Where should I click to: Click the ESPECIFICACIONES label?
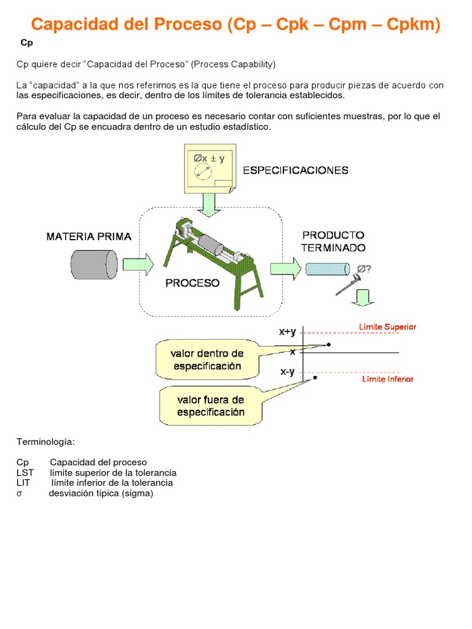(x=296, y=170)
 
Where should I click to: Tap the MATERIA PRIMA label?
(x=88, y=236)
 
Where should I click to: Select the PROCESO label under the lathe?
(x=192, y=283)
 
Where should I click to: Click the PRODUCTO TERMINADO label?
(x=333, y=241)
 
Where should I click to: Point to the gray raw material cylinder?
(x=93, y=265)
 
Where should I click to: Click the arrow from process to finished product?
(x=286, y=268)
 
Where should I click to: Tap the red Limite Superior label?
(x=388, y=327)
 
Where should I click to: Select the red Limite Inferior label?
(x=388, y=379)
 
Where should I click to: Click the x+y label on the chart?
(x=287, y=332)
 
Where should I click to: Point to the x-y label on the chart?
(x=287, y=372)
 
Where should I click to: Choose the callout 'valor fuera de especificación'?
(x=210, y=406)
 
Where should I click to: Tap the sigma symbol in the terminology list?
(x=19, y=493)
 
